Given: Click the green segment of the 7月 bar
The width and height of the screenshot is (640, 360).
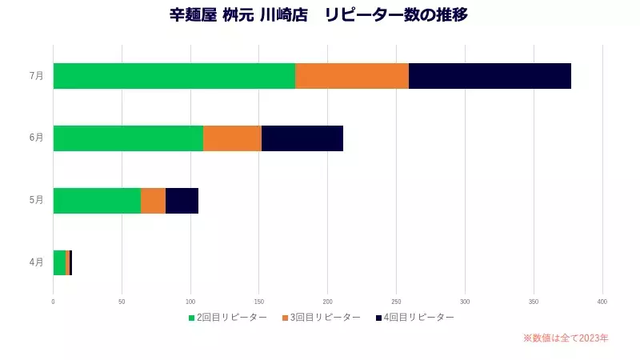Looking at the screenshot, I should [x=174, y=75].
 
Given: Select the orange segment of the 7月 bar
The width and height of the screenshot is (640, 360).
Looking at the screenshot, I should [x=352, y=75].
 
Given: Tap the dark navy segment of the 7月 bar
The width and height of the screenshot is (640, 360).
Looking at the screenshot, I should [x=490, y=75].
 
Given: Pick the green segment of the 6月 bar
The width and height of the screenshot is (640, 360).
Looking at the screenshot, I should [x=128, y=138].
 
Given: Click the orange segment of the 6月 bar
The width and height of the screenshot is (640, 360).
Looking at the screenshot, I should [x=232, y=138].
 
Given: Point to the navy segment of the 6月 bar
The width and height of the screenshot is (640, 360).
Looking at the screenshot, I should [x=302, y=138].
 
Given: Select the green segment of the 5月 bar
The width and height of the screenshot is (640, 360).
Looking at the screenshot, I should [x=97, y=201].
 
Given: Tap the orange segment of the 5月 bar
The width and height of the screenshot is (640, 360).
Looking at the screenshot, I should [x=153, y=201].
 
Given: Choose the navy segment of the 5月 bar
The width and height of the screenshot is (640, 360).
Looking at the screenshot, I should [x=182, y=201].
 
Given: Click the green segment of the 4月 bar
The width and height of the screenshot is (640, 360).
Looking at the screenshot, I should [x=59, y=262].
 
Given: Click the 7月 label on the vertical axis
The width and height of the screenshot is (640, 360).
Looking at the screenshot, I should [x=36, y=75].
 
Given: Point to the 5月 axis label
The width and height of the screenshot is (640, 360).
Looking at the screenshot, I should [x=36, y=200].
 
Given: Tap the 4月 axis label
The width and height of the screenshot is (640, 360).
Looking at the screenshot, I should [x=36, y=262].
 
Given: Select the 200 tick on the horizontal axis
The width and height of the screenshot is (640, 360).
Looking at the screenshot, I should [x=328, y=302].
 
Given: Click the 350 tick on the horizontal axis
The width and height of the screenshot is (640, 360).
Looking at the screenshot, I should [x=534, y=302].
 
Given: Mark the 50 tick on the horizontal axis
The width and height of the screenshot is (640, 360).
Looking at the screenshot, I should [x=122, y=302].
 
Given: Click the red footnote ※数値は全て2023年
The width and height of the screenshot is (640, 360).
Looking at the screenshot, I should [x=566, y=338].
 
